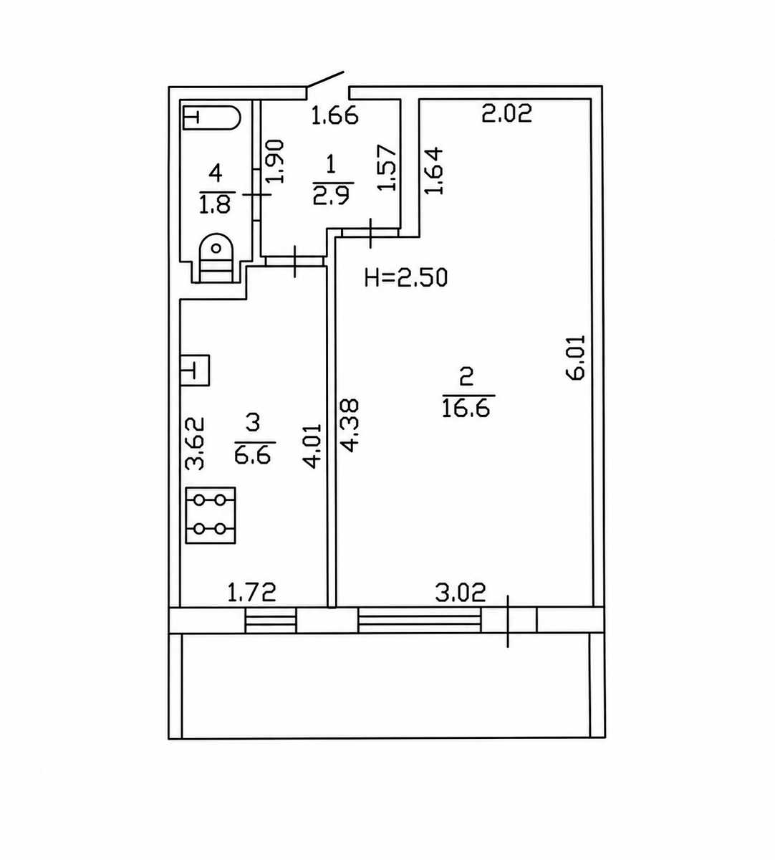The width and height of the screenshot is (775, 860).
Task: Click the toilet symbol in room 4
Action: [216, 258]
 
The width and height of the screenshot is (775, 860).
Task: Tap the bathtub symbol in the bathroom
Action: [212, 117]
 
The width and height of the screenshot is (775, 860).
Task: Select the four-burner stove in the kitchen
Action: [211, 515]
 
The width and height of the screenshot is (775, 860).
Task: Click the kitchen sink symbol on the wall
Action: [195, 371]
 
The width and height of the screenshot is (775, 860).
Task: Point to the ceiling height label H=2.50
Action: [406, 277]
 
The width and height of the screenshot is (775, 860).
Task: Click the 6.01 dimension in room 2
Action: [575, 358]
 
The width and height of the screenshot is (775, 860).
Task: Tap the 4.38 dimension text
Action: [349, 426]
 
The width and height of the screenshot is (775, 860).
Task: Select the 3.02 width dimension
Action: [461, 592]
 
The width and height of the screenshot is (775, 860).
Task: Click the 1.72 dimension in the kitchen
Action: [251, 592]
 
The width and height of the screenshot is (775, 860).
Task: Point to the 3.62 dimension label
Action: [195, 444]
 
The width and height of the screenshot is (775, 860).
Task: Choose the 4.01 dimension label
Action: [312, 446]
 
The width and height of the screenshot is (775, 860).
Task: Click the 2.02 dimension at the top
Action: [506, 113]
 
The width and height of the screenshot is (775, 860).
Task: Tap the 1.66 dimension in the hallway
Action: [334, 115]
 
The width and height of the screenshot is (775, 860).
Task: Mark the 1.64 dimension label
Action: [433, 171]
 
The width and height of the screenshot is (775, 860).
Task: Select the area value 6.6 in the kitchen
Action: [253, 454]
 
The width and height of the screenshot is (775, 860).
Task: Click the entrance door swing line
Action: [325, 80]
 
